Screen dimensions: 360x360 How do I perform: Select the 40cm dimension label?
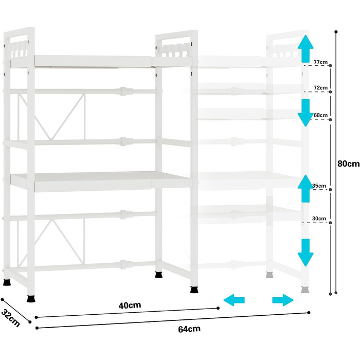(x=130, y=305)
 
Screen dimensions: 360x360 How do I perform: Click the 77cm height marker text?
(x=320, y=63)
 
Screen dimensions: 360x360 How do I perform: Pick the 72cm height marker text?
(x=320, y=88)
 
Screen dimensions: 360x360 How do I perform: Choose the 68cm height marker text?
(x=320, y=115)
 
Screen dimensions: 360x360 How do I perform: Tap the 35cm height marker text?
(x=319, y=186)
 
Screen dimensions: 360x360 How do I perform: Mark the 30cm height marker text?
(x=319, y=219)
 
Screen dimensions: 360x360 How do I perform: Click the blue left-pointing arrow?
(x=234, y=300)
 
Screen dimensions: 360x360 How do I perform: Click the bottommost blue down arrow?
(x=306, y=252)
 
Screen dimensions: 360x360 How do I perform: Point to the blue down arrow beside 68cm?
(x=306, y=112)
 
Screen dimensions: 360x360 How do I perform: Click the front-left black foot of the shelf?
(x=32, y=298)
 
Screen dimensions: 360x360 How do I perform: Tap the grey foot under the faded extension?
(x=304, y=290)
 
